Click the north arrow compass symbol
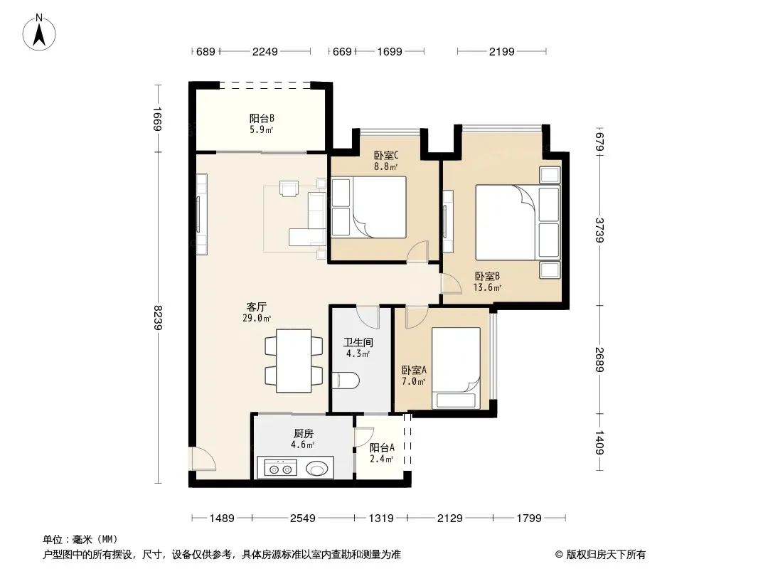click(39, 33)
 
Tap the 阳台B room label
click(262, 119)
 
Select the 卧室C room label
click(386, 156)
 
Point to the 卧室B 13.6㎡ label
click(487, 282)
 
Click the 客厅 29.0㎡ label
click(257, 312)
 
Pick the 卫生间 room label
click(358, 343)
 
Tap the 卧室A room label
click(415, 371)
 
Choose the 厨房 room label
click(303, 434)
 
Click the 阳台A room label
click(382, 448)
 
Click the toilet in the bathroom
click(345, 381)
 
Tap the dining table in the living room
click(294, 361)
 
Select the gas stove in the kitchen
click(280, 469)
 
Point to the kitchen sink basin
click(317, 469)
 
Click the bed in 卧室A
click(456, 368)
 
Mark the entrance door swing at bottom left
click(203, 459)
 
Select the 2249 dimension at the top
click(265, 51)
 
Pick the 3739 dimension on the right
click(599, 230)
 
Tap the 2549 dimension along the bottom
click(303, 519)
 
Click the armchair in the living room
click(289, 188)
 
